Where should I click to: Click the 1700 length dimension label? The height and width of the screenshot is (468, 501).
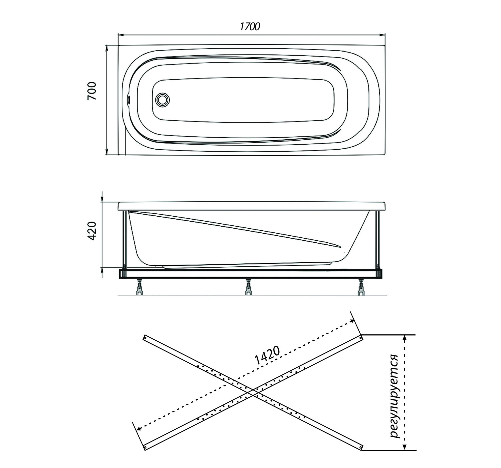pyautogui.click(x=250, y=27)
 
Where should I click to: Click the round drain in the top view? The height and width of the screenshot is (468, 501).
pyautogui.click(x=163, y=100)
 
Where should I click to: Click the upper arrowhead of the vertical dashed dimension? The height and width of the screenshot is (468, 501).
pyautogui.click(x=404, y=338)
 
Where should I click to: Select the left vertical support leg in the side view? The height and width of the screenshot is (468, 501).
pyautogui.click(x=124, y=239)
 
